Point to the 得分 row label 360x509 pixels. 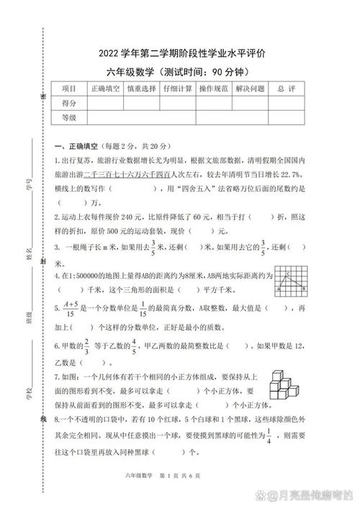coord(69,103)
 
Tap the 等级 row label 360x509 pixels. coord(69,117)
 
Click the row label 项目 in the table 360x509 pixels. coord(69,89)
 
